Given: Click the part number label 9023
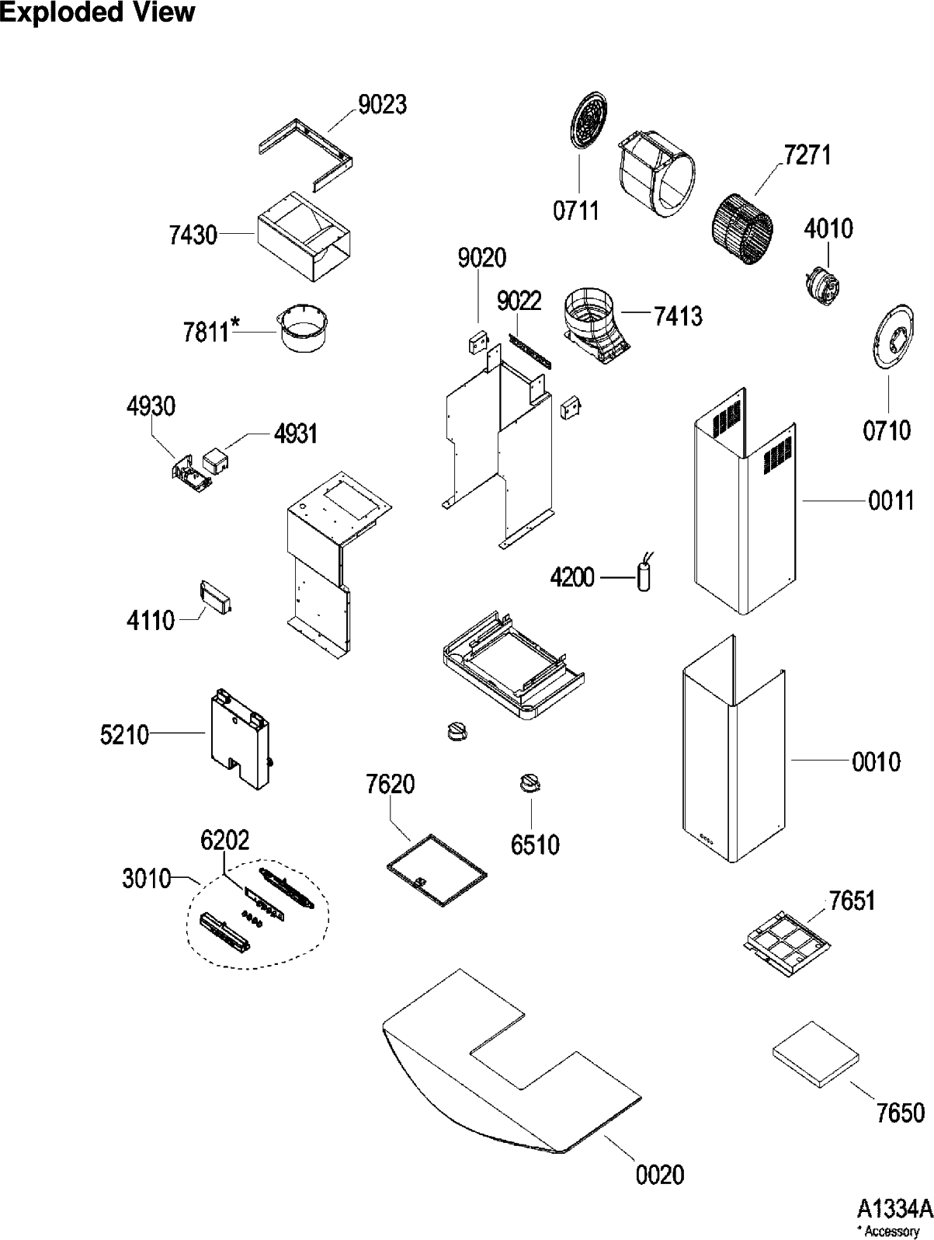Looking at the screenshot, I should point(383,105).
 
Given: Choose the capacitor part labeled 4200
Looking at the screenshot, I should point(644,577).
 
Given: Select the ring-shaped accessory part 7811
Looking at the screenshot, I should point(304,329).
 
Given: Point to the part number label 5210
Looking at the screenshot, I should point(124,734).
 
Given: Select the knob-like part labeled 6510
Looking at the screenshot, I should point(529,784).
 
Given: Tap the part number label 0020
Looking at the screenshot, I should point(660,1174).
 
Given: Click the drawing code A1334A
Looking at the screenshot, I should point(893,1209).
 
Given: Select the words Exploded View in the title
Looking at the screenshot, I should point(97,13).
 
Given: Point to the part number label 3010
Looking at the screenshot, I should point(147,880).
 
